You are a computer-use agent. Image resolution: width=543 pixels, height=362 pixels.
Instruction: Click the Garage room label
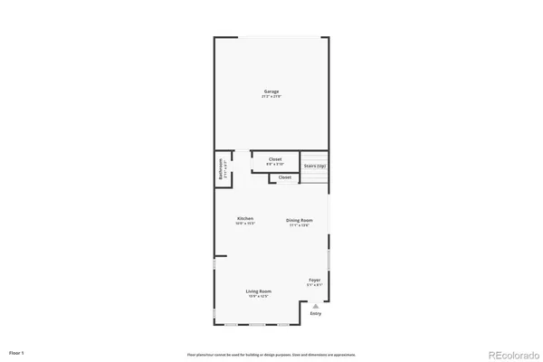(x=271, y=91)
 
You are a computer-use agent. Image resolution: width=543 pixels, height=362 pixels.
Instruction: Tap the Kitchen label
(x=245, y=219)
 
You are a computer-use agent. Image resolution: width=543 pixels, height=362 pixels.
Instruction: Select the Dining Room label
(x=300, y=220)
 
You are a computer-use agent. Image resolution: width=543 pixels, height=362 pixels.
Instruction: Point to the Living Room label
(x=259, y=291)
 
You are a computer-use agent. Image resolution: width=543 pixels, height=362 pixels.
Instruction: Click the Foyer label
(x=314, y=280)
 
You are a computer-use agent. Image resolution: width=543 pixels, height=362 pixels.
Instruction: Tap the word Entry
(x=316, y=313)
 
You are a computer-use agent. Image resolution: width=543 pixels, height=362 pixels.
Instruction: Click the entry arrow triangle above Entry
(x=316, y=306)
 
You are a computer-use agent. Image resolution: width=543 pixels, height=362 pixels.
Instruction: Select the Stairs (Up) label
(x=315, y=166)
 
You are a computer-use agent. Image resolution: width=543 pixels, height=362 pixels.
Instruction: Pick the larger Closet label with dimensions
(x=275, y=159)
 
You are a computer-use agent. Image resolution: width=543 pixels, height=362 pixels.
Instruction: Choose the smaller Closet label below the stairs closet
(x=285, y=177)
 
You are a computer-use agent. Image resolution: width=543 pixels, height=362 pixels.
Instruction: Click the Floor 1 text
(x=16, y=351)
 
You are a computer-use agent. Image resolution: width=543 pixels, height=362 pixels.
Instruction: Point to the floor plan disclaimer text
(x=271, y=354)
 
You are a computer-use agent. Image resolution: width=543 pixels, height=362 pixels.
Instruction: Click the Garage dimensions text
(x=271, y=97)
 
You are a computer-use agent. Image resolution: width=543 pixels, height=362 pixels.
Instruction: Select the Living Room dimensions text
(x=259, y=296)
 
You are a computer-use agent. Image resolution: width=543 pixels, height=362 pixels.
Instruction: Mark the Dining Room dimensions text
(x=300, y=225)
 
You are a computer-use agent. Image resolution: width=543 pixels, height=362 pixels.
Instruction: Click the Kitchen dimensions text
(x=245, y=224)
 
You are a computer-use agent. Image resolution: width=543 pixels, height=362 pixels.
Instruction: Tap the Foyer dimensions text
(x=314, y=285)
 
